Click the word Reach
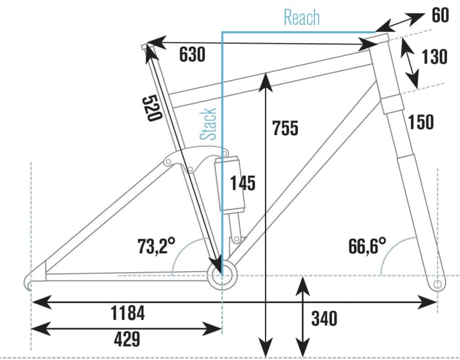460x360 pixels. pos(302,17)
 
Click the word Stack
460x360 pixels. pos(208,124)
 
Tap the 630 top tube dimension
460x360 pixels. pos(192,55)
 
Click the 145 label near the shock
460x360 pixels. pos(242,183)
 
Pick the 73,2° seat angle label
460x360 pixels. pos(156,246)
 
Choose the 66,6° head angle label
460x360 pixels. pos(366,246)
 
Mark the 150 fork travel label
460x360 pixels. pos(421,121)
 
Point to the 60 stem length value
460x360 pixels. pos(440,15)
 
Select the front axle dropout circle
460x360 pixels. pos(437,283)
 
